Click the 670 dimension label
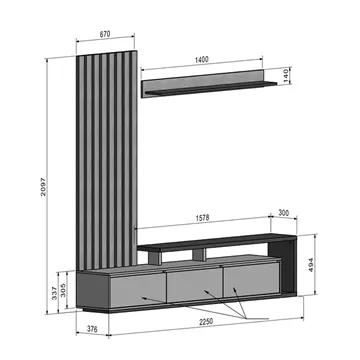click(x=105, y=34)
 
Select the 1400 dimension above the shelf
click(x=202, y=60)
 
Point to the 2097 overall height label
click(x=43, y=187)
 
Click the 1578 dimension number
click(x=202, y=218)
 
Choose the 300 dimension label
click(x=283, y=213)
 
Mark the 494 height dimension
click(x=311, y=265)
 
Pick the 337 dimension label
click(x=54, y=293)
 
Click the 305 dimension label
click(x=63, y=289)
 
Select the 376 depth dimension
click(x=92, y=329)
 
